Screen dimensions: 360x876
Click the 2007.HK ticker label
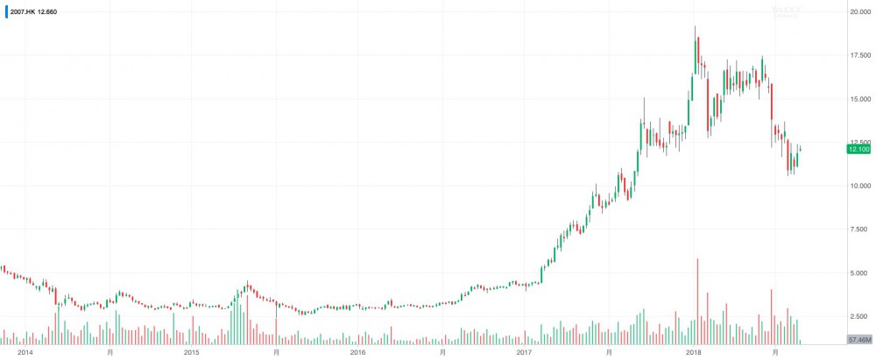coord(24,11)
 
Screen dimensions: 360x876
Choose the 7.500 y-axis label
coord(858,229)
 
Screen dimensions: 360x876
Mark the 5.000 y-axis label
coord(858,273)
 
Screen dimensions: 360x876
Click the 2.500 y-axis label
coord(858,316)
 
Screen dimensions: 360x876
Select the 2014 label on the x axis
coord(25,352)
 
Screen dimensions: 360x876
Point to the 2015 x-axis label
coord(192,352)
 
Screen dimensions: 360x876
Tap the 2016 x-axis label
coord(358,352)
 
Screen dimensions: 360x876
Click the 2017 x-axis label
coord(526,352)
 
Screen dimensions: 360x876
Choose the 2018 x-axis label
coord(693,352)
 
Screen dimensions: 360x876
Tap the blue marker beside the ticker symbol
coord(6,11)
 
